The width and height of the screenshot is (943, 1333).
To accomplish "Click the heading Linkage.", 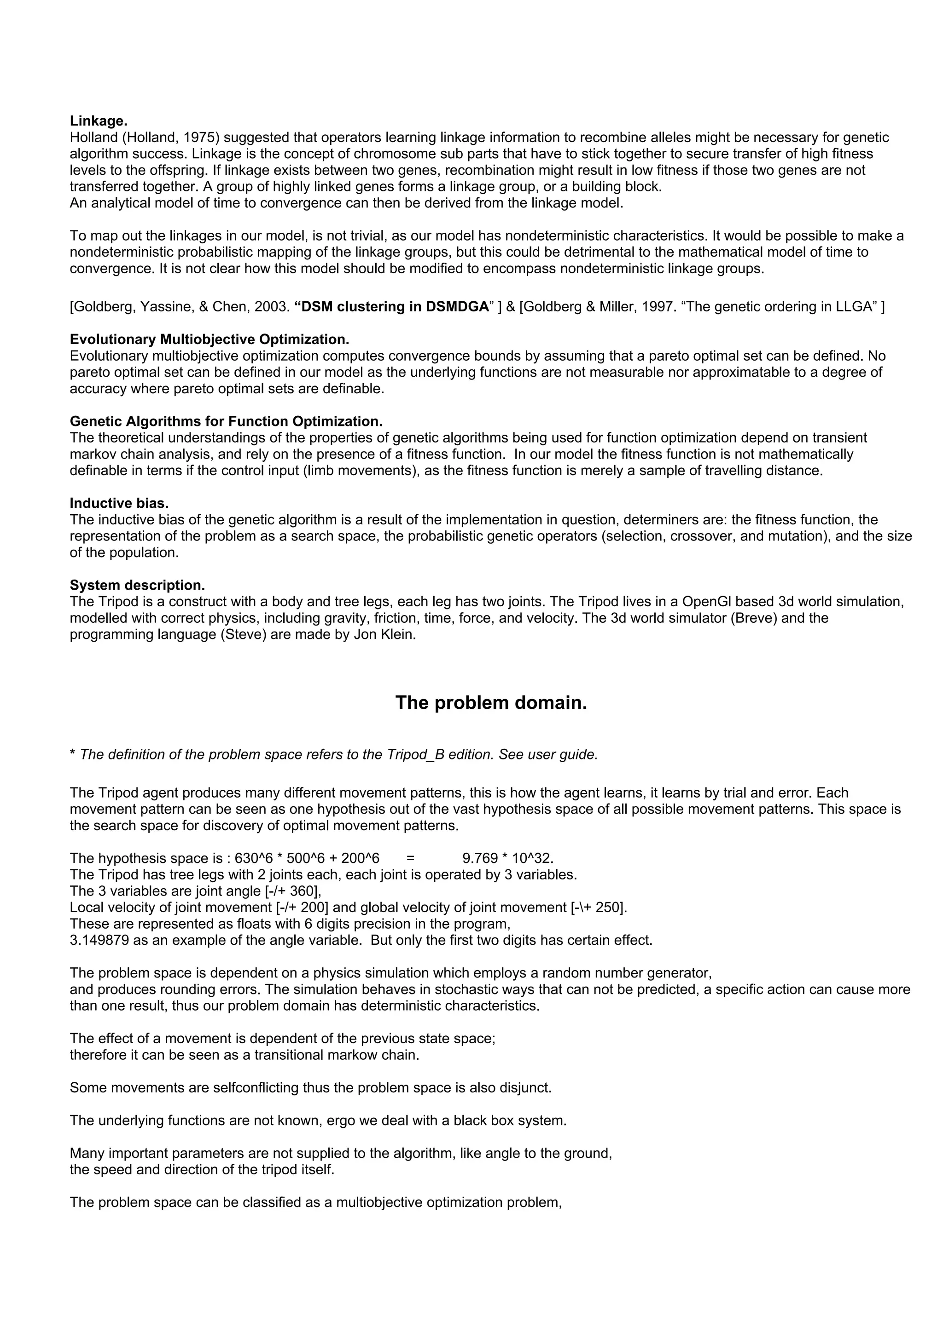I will coord(98,121).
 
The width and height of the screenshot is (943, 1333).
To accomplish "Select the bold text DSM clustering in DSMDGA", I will coord(392,306).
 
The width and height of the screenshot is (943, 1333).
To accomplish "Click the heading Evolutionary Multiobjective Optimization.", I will coord(209,339).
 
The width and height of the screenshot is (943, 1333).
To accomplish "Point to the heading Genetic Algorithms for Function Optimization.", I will coord(226,421).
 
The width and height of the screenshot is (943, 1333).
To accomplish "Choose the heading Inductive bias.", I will coord(119,503).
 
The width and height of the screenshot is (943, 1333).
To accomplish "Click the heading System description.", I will coord(137,585).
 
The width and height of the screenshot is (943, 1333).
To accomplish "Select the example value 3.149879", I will coord(99,940).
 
